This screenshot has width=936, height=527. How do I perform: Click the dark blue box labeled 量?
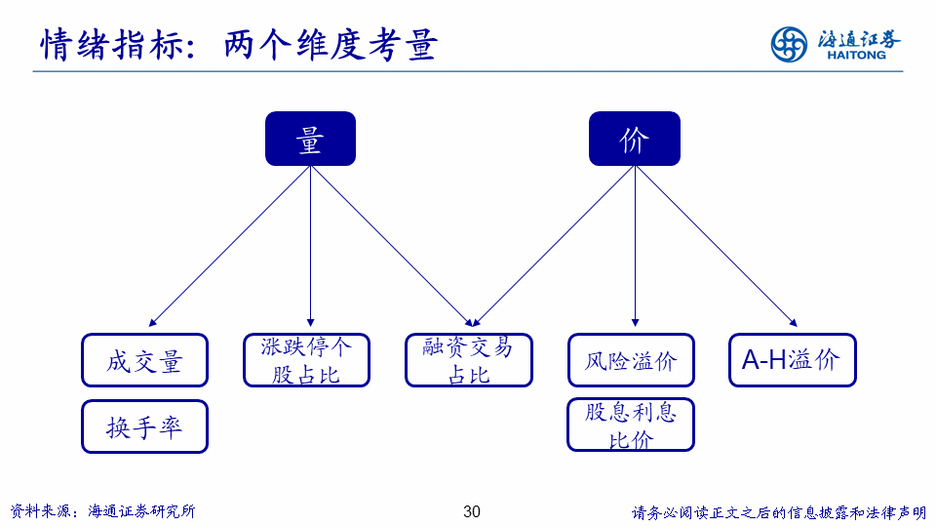(310, 139)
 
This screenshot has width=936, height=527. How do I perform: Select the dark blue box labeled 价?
(634, 139)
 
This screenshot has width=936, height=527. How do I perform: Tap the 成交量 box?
(144, 360)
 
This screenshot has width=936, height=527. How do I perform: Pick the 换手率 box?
(144, 426)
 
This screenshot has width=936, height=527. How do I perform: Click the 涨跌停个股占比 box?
(306, 360)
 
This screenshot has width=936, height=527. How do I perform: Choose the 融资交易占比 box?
(469, 360)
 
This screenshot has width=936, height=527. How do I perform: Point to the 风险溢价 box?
(631, 360)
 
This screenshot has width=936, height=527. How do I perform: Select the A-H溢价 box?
(792, 360)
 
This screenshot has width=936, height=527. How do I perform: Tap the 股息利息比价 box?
(631, 425)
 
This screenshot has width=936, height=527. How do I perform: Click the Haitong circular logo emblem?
(789, 44)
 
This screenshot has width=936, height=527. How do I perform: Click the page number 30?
(472, 511)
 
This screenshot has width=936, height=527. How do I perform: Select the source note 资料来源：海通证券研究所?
(102, 511)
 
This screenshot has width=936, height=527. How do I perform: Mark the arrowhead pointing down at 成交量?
(153, 321)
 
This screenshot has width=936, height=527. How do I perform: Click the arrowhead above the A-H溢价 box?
(792, 321)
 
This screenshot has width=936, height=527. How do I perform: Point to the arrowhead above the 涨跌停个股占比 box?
(310, 321)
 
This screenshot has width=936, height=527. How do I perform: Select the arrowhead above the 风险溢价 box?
(635, 321)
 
